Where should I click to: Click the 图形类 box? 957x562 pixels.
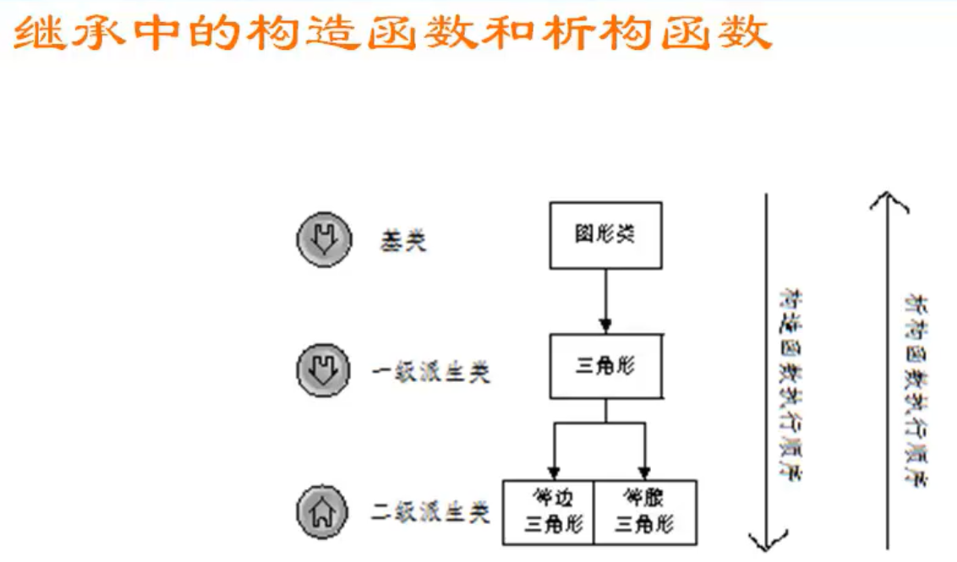(x=605, y=235)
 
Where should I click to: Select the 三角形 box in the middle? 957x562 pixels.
(x=605, y=366)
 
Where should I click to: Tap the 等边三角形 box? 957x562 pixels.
(x=550, y=512)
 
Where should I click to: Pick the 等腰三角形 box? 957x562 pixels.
(x=645, y=512)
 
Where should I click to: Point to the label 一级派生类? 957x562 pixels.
(x=431, y=373)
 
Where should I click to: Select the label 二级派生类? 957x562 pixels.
(x=431, y=512)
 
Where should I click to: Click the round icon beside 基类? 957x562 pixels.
(x=323, y=240)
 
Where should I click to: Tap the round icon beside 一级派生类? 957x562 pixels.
(x=323, y=370)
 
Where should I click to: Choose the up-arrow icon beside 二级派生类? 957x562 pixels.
(x=323, y=511)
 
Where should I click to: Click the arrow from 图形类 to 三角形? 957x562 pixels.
(x=605, y=300)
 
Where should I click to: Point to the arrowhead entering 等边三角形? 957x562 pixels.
(x=554, y=472)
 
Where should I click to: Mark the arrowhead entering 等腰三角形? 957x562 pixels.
(x=644, y=472)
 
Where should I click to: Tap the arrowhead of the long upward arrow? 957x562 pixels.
(x=887, y=201)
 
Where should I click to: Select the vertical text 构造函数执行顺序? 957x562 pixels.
(x=791, y=385)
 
